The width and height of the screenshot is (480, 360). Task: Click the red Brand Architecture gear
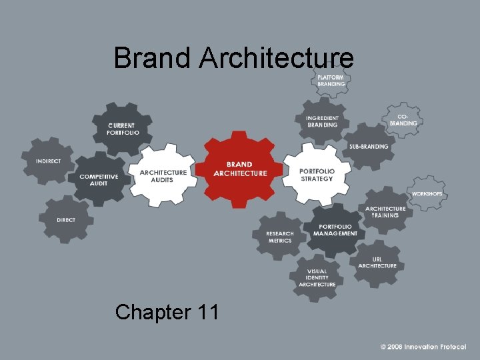[239, 169]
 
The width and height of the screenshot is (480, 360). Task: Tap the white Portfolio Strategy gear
[316, 175]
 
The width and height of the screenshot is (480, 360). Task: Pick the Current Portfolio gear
[123, 129]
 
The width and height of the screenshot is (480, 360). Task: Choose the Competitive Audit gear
[99, 179]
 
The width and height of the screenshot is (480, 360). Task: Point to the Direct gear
[65, 219]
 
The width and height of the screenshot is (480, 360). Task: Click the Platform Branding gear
[331, 81]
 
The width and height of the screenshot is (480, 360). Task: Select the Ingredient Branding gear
[323, 121]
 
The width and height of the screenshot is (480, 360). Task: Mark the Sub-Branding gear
[368, 147]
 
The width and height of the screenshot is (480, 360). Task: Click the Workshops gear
[427, 193]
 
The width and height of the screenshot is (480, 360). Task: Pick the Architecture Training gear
[385, 212]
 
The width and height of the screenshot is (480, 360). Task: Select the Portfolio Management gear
[335, 230]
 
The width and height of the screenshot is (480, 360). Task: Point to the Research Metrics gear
[279, 236]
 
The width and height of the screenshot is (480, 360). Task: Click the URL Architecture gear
[377, 263]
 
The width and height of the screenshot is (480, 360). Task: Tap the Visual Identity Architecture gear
[317, 277]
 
